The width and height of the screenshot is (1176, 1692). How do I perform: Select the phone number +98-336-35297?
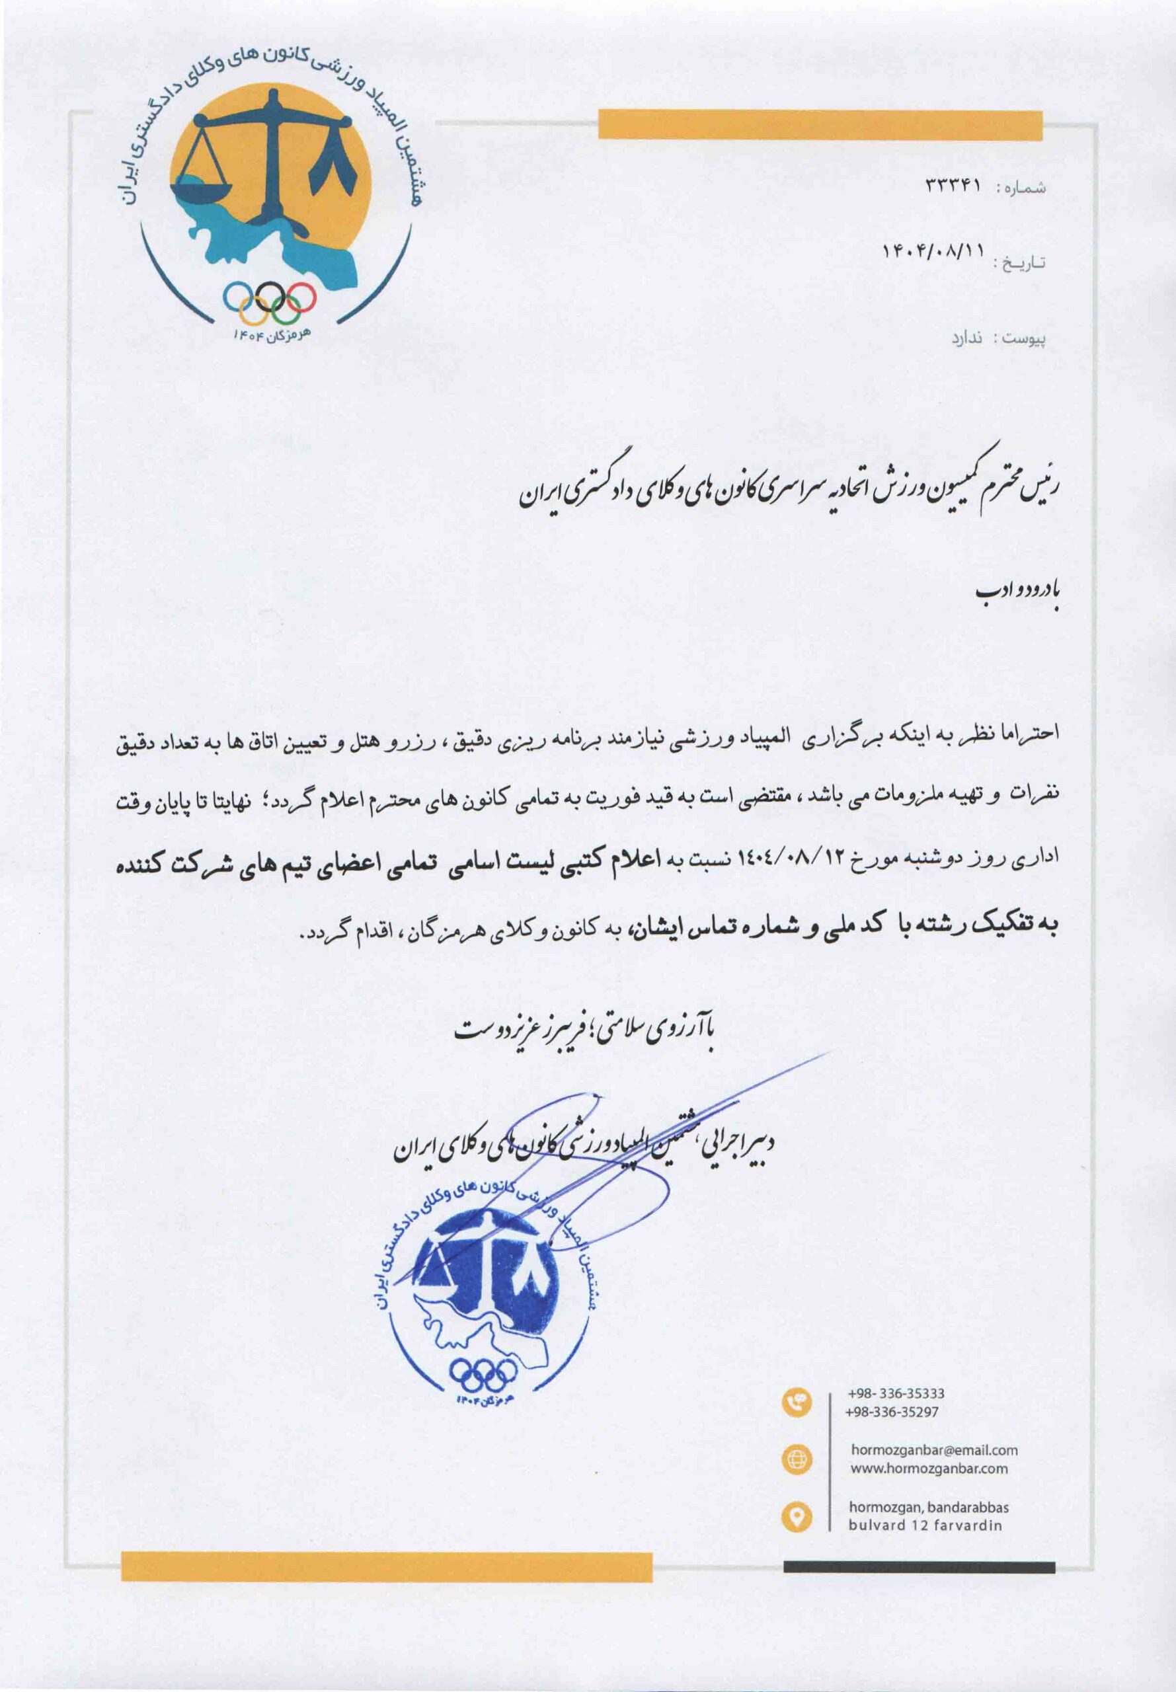click(893, 1411)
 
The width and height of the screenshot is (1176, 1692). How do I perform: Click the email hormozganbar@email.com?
click(934, 1449)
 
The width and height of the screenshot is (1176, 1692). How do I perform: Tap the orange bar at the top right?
click(820, 124)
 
